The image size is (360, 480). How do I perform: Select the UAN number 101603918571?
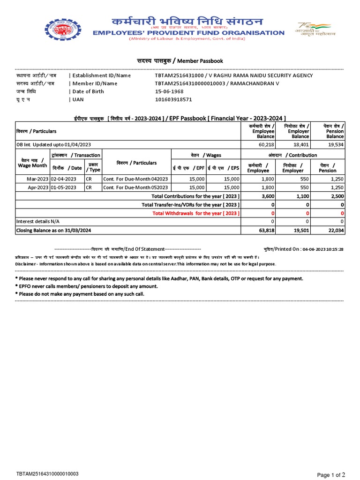click(x=173, y=99)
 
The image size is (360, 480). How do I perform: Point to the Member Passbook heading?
click(x=180, y=61)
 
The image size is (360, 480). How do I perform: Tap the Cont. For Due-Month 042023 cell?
click(x=135, y=179)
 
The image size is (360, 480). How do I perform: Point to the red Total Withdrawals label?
click(x=196, y=213)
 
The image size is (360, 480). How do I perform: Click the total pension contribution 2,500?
click(x=336, y=196)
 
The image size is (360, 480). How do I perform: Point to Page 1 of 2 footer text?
click(x=331, y=475)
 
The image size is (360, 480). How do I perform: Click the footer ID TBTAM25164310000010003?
click(x=47, y=474)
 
